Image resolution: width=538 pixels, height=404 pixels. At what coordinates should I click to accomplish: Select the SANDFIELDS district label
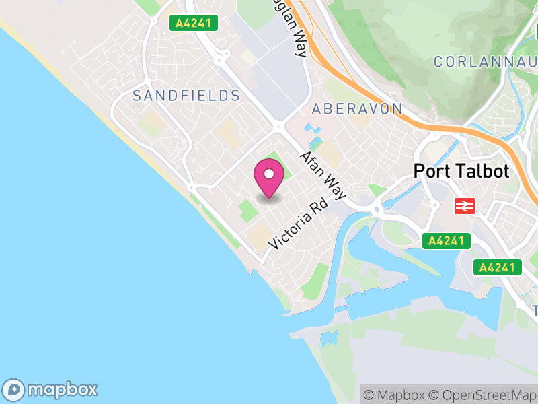(x=186, y=96)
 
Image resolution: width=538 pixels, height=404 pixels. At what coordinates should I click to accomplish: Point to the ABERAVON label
(x=357, y=109)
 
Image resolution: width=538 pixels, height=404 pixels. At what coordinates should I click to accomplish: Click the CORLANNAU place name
(x=484, y=62)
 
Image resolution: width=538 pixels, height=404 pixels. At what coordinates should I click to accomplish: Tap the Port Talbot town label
(x=461, y=171)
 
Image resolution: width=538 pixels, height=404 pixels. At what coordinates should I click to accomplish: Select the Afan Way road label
(x=322, y=175)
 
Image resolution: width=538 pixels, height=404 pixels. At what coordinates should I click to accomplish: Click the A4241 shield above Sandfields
(x=193, y=23)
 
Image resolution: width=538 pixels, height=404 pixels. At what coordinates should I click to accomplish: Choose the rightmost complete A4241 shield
(x=498, y=267)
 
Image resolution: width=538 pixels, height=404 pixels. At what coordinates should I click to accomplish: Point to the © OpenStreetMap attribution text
(x=482, y=395)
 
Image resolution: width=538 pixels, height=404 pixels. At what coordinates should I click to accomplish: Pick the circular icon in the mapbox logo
(x=15, y=389)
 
